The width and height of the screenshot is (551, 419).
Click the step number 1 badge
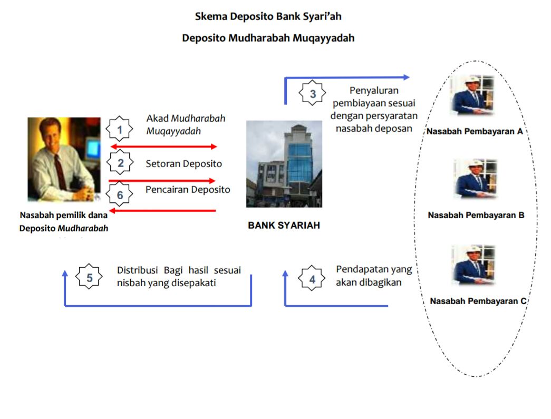pyautogui.click(x=120, y=129)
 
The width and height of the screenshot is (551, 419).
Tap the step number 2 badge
pyautogui.click(x=121, y=163)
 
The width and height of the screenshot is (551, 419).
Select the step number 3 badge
pyautogui.click(x=313, y=94)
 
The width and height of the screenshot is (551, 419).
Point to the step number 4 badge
pyautogui.click(x=312, y=279)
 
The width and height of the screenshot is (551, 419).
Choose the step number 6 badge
pyautogui.click(x=120, y=195)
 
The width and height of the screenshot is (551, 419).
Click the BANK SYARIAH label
pyautogui.click(x=284, y=225)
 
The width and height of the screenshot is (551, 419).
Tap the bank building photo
pyautogui.click(x=284, y=163)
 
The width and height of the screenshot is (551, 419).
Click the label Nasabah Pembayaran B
pyautogui.click(x=476, y=215)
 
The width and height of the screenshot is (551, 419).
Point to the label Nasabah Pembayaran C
pyautogui.click(x=478, y=301)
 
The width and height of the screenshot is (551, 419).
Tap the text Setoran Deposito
pyautogui.click(x=184, y=163)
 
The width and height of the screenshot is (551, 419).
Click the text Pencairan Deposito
pyautogui.click(x=188, y=189)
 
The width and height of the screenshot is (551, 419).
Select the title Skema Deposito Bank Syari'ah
pyautogui.click(x=268, y=16)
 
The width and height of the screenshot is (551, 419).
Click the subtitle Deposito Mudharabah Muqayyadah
pyautogui.click(x=268, y=38)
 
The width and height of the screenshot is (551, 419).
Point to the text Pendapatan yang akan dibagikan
pyautogui.click(x=373, y=276)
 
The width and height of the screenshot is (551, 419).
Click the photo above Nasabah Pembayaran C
pyautogui.click(x=473, y=265)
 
